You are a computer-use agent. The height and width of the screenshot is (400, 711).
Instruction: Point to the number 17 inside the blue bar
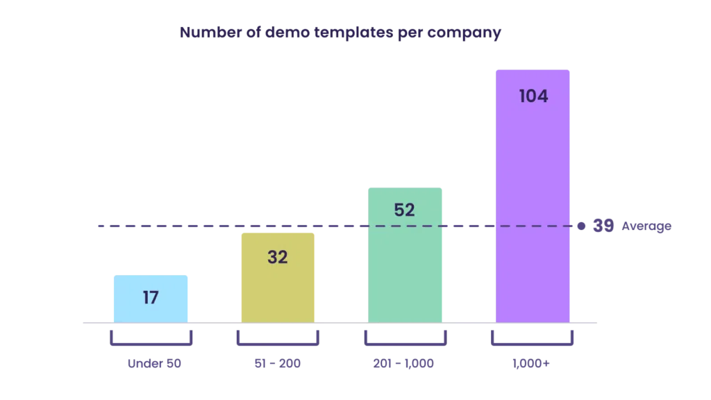151,297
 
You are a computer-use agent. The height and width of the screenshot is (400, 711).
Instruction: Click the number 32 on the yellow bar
278,257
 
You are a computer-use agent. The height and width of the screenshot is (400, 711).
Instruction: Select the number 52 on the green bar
405,210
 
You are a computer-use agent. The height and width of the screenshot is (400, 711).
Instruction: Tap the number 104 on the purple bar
533,97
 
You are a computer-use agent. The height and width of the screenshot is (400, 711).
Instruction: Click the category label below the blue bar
155,364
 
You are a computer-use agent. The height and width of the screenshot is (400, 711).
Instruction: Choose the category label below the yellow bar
278,364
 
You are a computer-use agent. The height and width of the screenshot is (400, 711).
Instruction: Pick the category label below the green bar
405,364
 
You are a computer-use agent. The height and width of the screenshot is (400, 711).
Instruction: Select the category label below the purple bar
531,364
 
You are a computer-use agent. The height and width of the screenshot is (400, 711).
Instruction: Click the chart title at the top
340,33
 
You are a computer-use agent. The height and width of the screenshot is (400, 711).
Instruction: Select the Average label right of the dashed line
625,226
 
